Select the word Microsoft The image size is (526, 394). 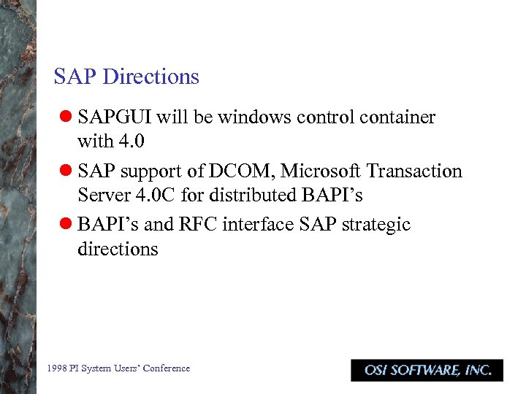tap(320, 171)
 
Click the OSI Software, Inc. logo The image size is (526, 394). tap(427, 370)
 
